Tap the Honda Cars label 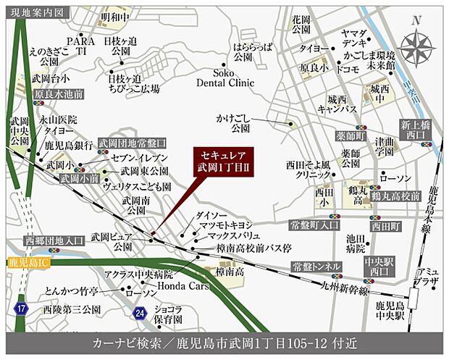pos(177,285)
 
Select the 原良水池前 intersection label pos(58,95)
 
